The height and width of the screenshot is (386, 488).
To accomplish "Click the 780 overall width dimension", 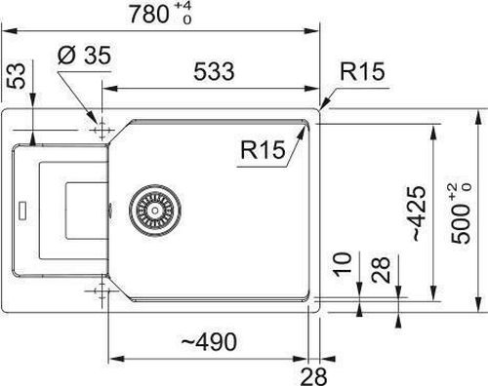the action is pos(149,15).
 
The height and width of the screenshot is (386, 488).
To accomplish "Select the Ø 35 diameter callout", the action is pos(84,56).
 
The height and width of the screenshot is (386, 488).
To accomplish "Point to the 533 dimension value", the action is pos(214,71).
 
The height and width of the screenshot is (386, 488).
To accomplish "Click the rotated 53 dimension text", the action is pos(17,76).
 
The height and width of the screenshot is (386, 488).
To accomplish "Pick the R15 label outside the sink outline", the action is pos(362,71).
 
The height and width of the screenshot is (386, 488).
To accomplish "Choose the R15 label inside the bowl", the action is pos(263,150).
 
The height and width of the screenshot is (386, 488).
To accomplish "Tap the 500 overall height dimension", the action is pos(461,224).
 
